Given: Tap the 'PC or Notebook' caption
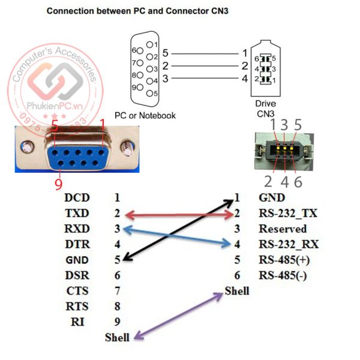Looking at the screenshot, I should [145, 115].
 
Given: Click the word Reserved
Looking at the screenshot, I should [283, 229].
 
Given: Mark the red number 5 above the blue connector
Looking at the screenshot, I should [54, 125].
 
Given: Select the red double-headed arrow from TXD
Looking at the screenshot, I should [178, 214].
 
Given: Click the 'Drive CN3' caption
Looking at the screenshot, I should [265, 108].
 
